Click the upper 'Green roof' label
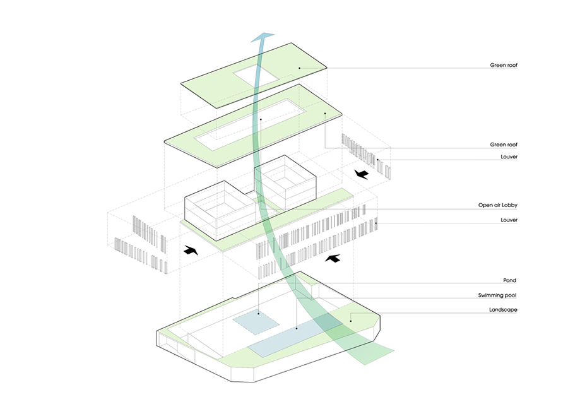click(504, 65)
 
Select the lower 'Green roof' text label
click(504, 145)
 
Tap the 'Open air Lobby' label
click(498, 206)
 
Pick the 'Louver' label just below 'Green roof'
click(508, 157)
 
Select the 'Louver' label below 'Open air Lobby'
click(508, 220)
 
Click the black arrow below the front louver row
click(333, 258)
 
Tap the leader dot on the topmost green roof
click(299, 68)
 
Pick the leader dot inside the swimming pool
click(297, 329)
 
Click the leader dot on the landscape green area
click(352, 320)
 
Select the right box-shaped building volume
click(284, 184)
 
